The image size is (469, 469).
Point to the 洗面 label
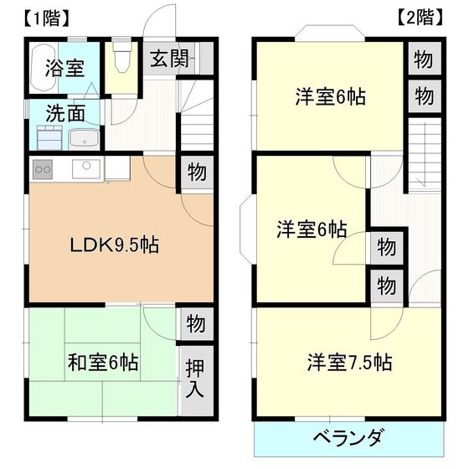pos(64,112)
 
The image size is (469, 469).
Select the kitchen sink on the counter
pos(86,168)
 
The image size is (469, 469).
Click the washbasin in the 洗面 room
pos(83,138)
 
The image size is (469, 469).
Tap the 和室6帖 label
pos(103,363)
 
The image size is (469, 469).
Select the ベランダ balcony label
pos(348,437)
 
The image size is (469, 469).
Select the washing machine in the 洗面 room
pos(45,142)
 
